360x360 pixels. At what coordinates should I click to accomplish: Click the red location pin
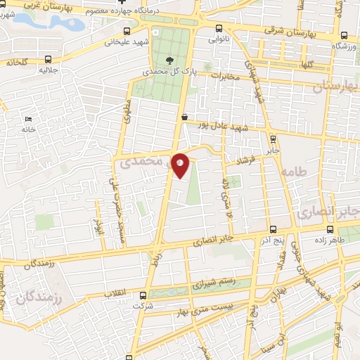click(181, 165)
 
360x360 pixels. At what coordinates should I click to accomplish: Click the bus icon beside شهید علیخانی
click(127, 32)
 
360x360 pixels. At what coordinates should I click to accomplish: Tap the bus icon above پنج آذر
click(274, 229)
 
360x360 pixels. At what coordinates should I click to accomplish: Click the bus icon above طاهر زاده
click(330, 229)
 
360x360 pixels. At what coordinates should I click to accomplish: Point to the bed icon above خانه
click(27, 120)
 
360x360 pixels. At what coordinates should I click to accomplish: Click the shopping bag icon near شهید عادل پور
click(184, 117)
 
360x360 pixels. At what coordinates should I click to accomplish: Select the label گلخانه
click(19, 61)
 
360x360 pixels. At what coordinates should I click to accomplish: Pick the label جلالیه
click(47, 70)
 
